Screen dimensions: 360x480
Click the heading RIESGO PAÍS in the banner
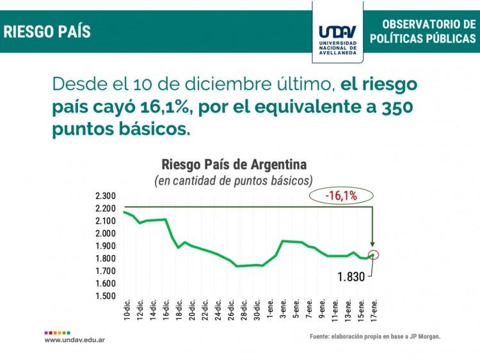click(47, 31)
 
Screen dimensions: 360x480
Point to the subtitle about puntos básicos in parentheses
click(234, 180)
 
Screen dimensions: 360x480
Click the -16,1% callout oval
click(340, 196)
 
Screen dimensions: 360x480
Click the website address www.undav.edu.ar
click(75, 340)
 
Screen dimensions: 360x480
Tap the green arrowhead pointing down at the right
click(374, 241)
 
